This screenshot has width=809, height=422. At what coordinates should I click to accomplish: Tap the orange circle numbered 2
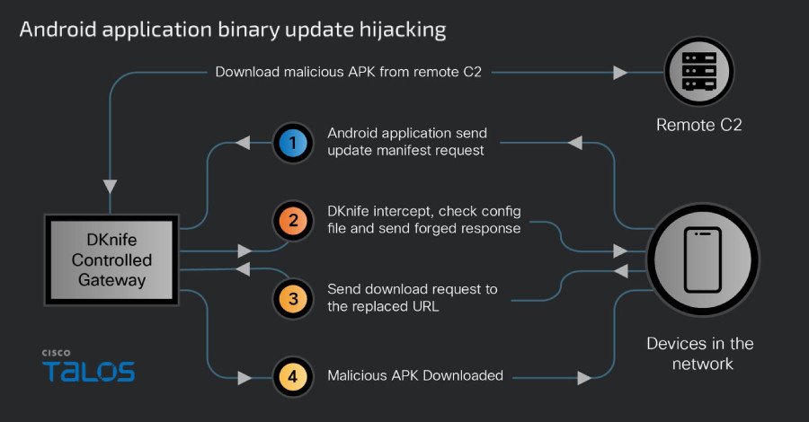click(x=292, y=221)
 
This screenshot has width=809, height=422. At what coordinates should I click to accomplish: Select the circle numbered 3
click(x=292, y=297)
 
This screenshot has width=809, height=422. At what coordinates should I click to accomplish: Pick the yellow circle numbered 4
click(x=292, y=374)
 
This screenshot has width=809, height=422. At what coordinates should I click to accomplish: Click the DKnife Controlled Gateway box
click(x=110, y=259)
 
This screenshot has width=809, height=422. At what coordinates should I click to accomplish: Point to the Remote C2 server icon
click(x=698, y=71)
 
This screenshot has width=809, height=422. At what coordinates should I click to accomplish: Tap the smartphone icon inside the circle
click(x=702, y=259)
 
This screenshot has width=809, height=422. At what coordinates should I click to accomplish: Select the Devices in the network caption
click(x=700, y=354)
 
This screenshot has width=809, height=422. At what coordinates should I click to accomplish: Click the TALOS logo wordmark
click(x=88, y=371)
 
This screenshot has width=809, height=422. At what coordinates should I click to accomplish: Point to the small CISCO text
click(x=56, y=353)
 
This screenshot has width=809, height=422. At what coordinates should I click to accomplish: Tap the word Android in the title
click(x=56, y=30)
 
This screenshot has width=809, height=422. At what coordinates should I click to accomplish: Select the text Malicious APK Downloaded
click(x=413, y=374)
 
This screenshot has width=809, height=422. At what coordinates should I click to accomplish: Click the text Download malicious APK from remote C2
click(x=349, y=71)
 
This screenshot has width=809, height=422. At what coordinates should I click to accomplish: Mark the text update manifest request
click(x=405, y=151)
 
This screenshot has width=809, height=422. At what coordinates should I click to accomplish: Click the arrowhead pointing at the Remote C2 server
click(x=620, y=72)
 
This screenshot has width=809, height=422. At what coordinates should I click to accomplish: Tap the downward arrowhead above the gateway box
click(x=110, y=187)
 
